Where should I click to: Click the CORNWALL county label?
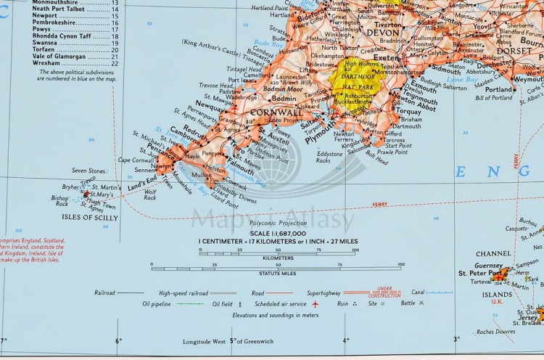(276, 113)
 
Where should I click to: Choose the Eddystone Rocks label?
(328, 157)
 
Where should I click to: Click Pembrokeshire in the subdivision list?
(56, 22)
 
